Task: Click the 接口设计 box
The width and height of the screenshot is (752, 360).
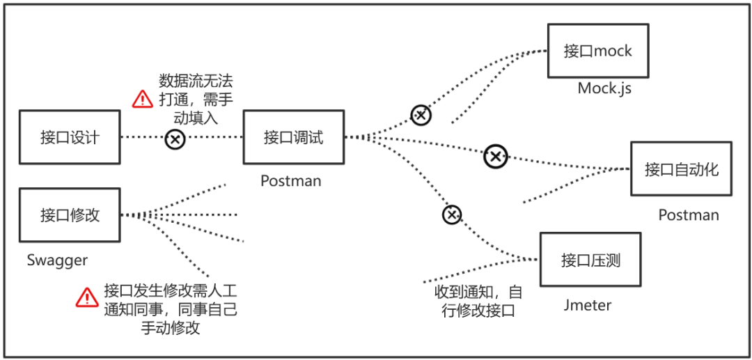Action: [x=70, y=137]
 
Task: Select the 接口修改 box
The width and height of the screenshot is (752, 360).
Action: [x=70, y=214]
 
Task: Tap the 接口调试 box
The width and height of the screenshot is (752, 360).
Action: [x=293, y=137]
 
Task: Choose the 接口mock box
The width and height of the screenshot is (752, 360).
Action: [x=598, y=51]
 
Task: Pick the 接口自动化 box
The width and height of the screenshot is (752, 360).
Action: [x=681, y=169]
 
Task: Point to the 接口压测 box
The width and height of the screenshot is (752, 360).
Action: [x=590, y=260]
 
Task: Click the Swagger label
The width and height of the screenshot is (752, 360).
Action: [x=57, y=260]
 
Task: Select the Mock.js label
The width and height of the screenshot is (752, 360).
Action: [x=604, y=88]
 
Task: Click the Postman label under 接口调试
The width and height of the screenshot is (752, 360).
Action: [x=291, y=181]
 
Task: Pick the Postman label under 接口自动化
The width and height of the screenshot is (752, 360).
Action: [x=689, y=215]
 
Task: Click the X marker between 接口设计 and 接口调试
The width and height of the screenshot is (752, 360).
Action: [x=175, y=139]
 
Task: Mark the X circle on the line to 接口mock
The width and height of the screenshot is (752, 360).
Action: [x=421, y=115]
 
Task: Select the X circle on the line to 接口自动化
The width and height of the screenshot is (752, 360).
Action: [x=495, y=157]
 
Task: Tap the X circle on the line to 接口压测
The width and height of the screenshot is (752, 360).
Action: [x=452, y=214]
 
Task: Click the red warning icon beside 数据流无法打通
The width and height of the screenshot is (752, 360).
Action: [x=142, y=98]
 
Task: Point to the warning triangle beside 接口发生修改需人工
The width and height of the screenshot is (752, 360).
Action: [x=86, y=298]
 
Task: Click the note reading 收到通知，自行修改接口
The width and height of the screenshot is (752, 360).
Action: [x=473, y=301]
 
